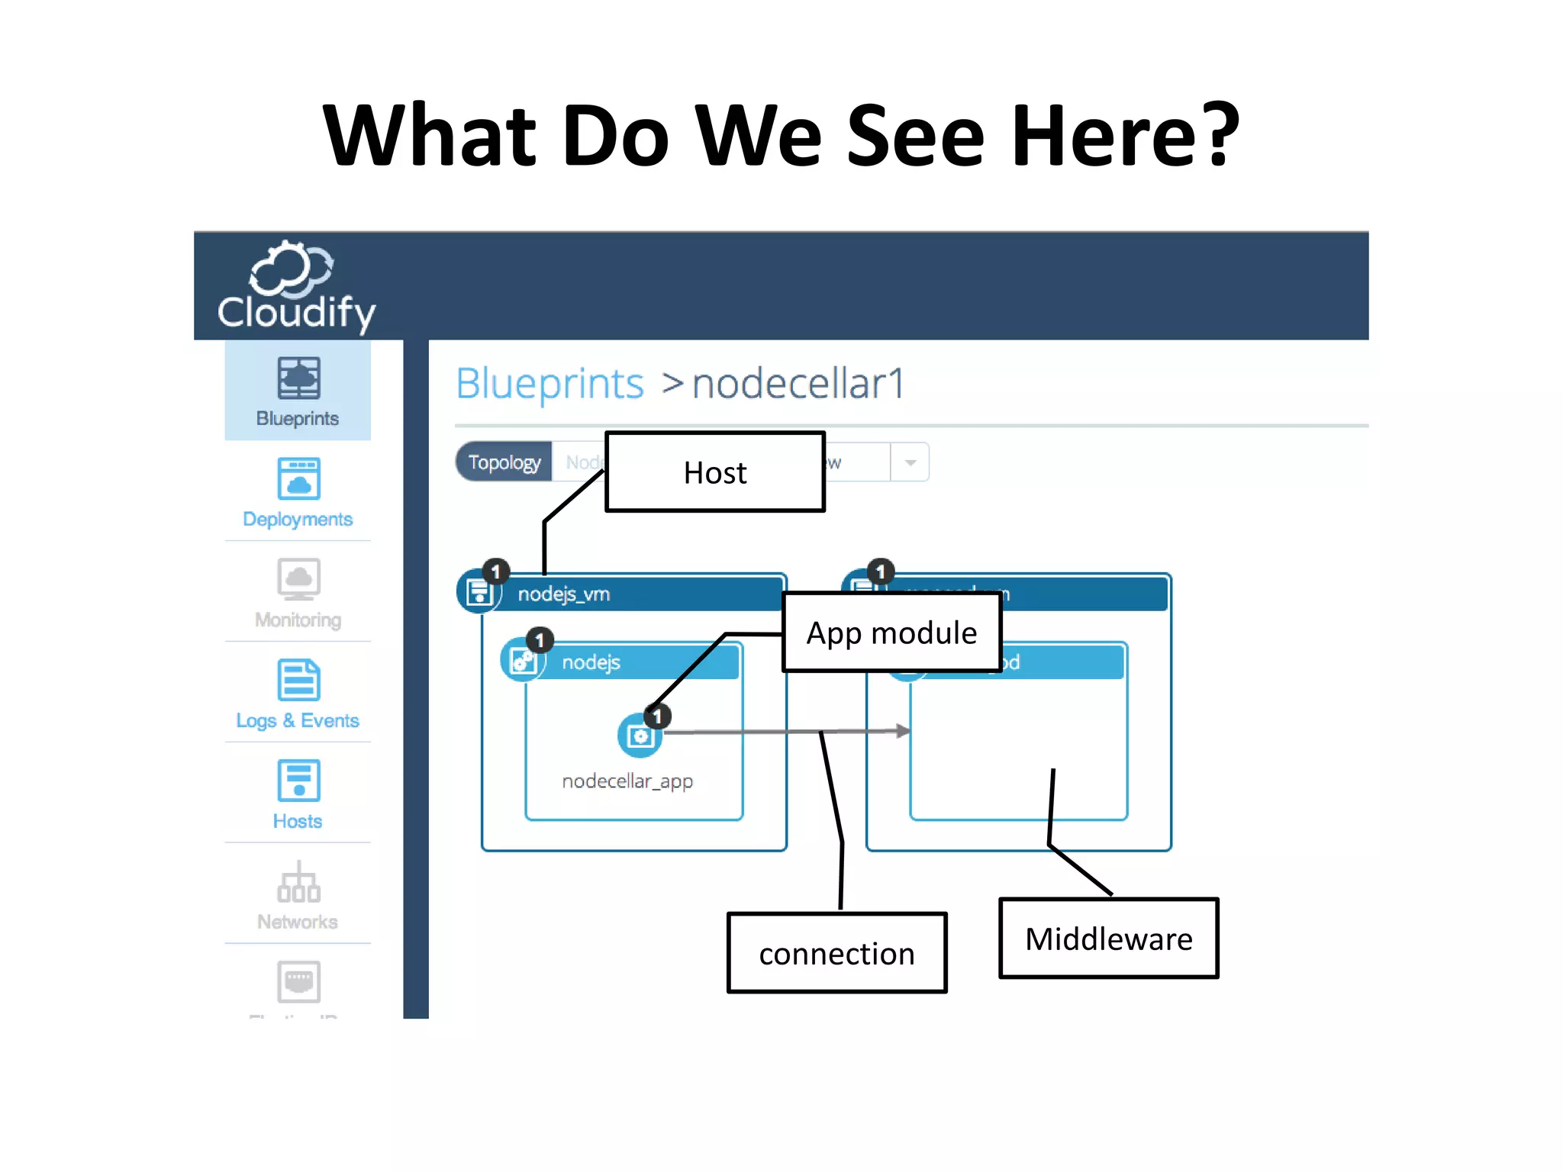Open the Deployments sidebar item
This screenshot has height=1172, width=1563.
click(x=298, y=491)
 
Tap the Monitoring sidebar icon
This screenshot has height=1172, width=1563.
click(x=298, y=580)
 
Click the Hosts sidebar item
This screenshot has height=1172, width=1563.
click(x=298, y=794)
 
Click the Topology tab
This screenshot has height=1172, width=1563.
click(x=504, y=462)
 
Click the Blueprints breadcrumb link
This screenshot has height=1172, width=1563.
click(x=549, y=383)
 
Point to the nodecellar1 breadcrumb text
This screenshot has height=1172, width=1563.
click(x=798, y=383)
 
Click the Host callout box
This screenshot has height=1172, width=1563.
click(x=715, y=472)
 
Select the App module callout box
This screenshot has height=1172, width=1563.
click(x=891, y=633)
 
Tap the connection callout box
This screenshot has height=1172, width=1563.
click(x=836, y=953)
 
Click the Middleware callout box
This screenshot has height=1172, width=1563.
click(x=1108, y=939)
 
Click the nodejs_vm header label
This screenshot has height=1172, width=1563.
click(x=564, y=594)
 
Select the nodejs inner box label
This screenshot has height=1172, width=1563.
click(x=591, y=662)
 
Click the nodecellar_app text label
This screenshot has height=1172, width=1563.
click(x=627, y=781)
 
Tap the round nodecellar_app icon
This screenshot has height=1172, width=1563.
click(x=640, y=736)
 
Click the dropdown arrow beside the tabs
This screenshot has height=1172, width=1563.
click(x=910, y=462)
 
